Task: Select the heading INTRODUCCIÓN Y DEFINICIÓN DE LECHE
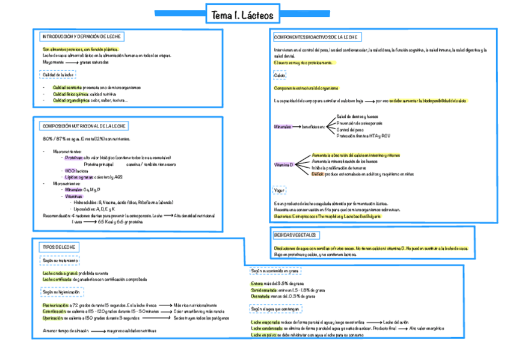tap(81, 37)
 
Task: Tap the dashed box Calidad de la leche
tap(58, 75)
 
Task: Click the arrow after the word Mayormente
tap(71, 61)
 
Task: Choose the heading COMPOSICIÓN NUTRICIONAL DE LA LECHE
tap(84, 126)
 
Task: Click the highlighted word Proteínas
tap(74, 157)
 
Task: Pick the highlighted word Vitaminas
tap(74, 196)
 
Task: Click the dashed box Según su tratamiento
tap(60, 261)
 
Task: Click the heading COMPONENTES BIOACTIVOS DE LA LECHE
tap(317, 37)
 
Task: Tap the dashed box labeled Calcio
tap(279, 75)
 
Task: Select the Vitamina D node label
tap(283, 165)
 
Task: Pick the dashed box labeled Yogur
tap(280, 191)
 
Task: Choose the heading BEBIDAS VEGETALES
tap(295, 235)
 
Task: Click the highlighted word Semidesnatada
tap(264, 290)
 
